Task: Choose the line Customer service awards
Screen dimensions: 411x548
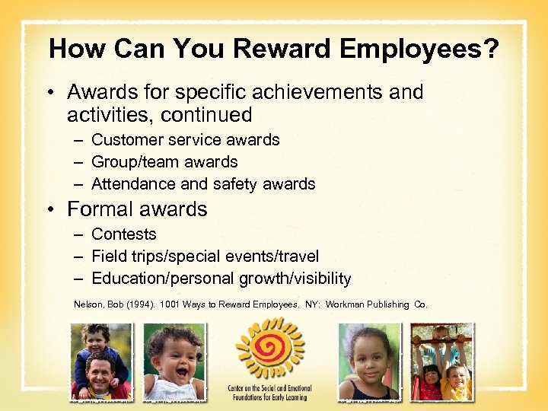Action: coord(185,140)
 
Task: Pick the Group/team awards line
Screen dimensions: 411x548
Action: coord(164,162)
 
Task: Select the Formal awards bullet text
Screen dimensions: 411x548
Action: coord(137,209)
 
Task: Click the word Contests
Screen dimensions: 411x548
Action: coord(123,234)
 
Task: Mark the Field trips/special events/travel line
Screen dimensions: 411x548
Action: coord(205,256)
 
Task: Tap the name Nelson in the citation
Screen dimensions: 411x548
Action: coord(88,304)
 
